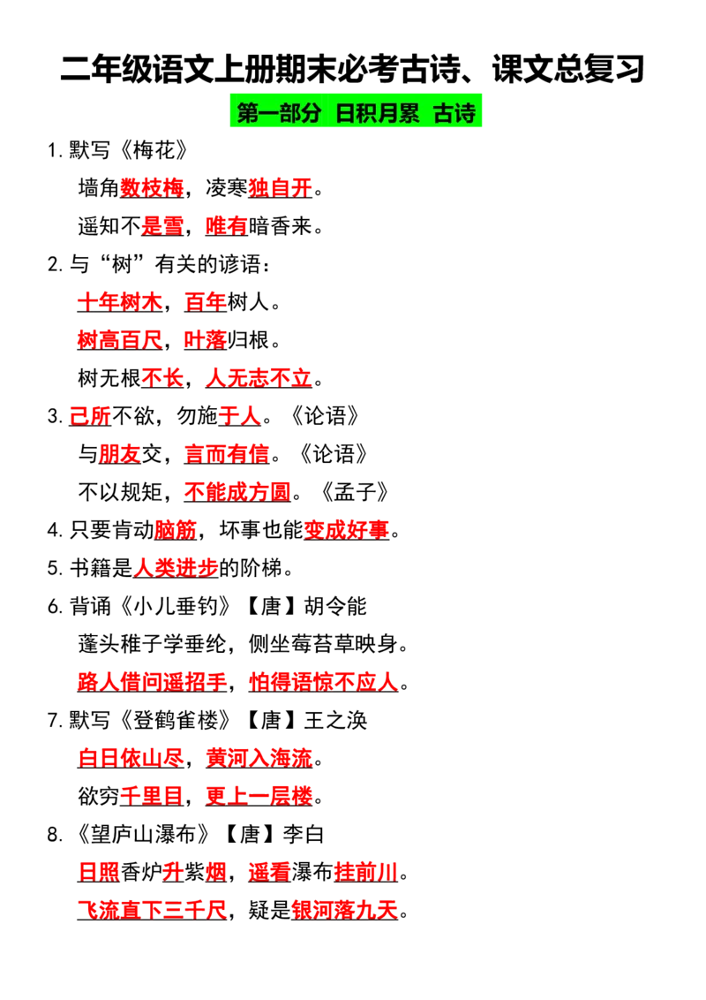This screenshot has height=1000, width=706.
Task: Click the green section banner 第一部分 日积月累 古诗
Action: tap(356, 111)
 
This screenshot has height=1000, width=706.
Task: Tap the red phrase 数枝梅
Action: tap(152, 188)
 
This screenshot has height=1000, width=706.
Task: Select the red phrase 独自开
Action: tap(281, 188)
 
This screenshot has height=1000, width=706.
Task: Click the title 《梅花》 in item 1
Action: tap(154, 150)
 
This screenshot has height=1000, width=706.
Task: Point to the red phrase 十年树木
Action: tap(120, 302)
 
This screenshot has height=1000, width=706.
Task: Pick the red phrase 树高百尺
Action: tap(120, 340)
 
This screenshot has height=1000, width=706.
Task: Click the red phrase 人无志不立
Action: tap(259, 378)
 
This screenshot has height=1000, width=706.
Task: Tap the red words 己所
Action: tap(90, 416)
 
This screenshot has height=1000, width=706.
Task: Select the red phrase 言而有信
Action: tap(227, 454)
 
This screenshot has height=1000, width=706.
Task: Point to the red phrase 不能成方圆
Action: tap(237, 492)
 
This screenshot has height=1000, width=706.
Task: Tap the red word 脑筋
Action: tap(176, 530)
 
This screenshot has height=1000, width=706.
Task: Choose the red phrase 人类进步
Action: tap(176, 568)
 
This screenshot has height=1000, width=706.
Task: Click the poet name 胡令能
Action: tap(335, 606)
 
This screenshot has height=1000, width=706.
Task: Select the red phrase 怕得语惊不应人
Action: tap(323, 682)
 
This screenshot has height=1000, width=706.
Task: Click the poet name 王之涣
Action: tap(335, 721)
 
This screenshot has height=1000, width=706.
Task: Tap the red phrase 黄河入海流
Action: tap(259, 758)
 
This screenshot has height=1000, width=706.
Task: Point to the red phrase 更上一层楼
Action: tap(259, 797)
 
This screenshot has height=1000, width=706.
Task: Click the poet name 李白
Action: tap(304, 834)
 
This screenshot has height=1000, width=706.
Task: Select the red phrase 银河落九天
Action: tap(345, 911)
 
